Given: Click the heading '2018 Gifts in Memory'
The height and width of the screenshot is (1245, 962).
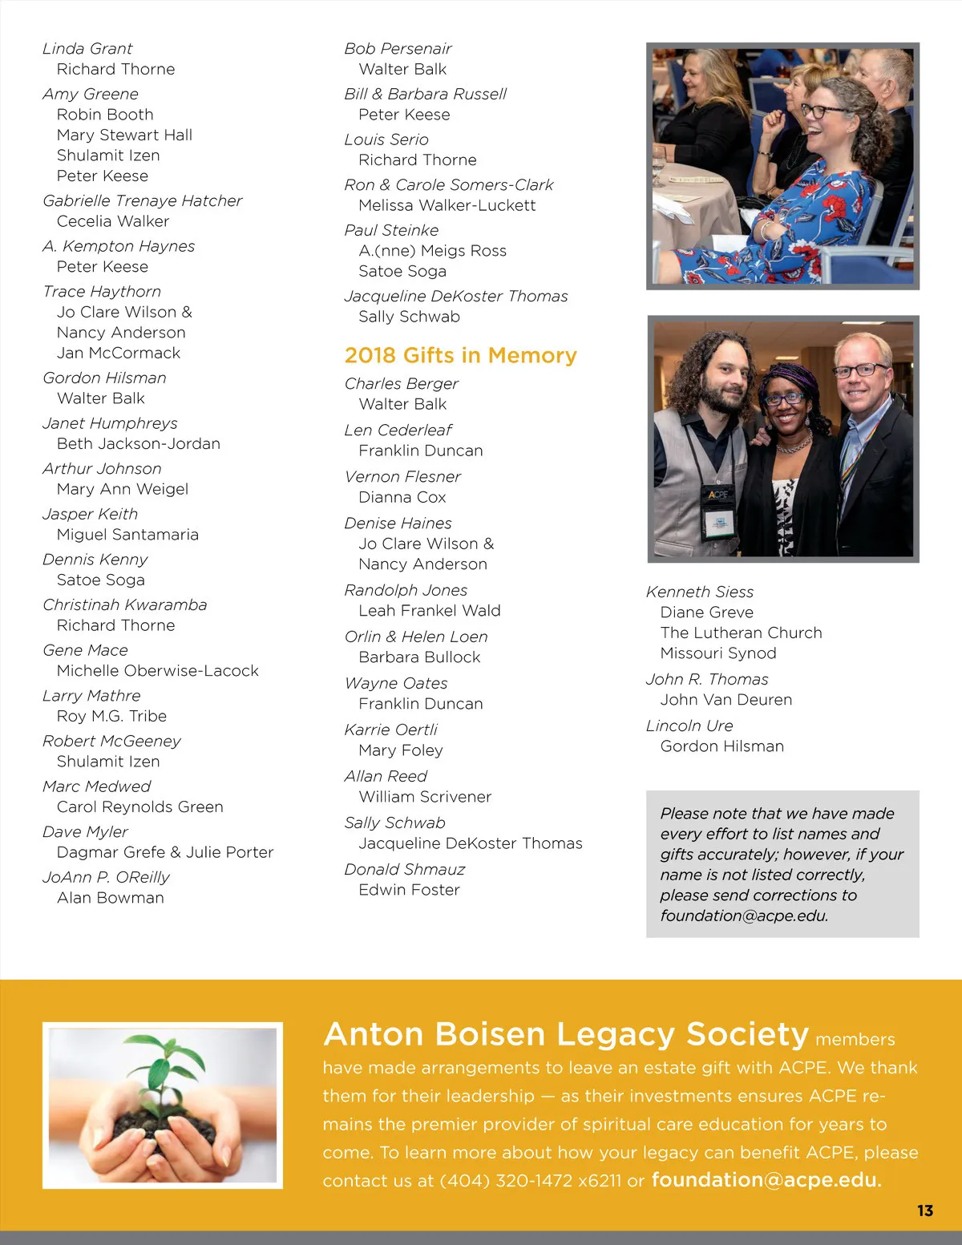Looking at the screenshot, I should click(x=460, y=355).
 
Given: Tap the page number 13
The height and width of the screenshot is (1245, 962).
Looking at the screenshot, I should click(x=925, y=1211).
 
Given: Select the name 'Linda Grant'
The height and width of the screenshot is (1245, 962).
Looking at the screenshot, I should click(x=87, y=49).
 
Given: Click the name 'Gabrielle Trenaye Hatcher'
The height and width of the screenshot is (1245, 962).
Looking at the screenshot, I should click(x=142, y=200).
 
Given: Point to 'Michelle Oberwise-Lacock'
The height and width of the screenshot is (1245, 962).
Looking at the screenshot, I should click(x=157, y=670).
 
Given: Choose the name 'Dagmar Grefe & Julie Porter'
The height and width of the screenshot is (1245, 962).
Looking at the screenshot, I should click(x=164, y=852).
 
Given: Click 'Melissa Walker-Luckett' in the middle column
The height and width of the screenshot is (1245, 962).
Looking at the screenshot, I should click(x=447, y=205).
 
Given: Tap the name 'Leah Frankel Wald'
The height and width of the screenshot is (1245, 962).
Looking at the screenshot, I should click(x=429, y=611).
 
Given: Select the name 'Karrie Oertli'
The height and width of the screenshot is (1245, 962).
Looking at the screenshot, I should click(x=390, y=730).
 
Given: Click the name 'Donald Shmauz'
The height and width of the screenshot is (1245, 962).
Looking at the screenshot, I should click(x=404, y=869).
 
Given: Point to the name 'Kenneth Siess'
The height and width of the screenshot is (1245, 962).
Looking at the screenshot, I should click(x=699, y=592).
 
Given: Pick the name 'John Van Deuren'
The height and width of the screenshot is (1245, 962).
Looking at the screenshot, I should click(x=726, y=700).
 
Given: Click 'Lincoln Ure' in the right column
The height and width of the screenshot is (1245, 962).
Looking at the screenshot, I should click(x=689, y=726).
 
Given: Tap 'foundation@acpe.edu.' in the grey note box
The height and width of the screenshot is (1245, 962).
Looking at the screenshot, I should click(x=744, y=916).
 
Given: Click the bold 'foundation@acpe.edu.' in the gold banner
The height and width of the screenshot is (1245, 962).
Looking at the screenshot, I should click(x=766, y=1180).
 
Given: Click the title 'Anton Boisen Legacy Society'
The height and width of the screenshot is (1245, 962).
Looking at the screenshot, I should click(x=566, y=1034).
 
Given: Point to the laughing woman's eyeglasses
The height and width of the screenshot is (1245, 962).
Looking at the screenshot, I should click(x=819, y=111).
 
